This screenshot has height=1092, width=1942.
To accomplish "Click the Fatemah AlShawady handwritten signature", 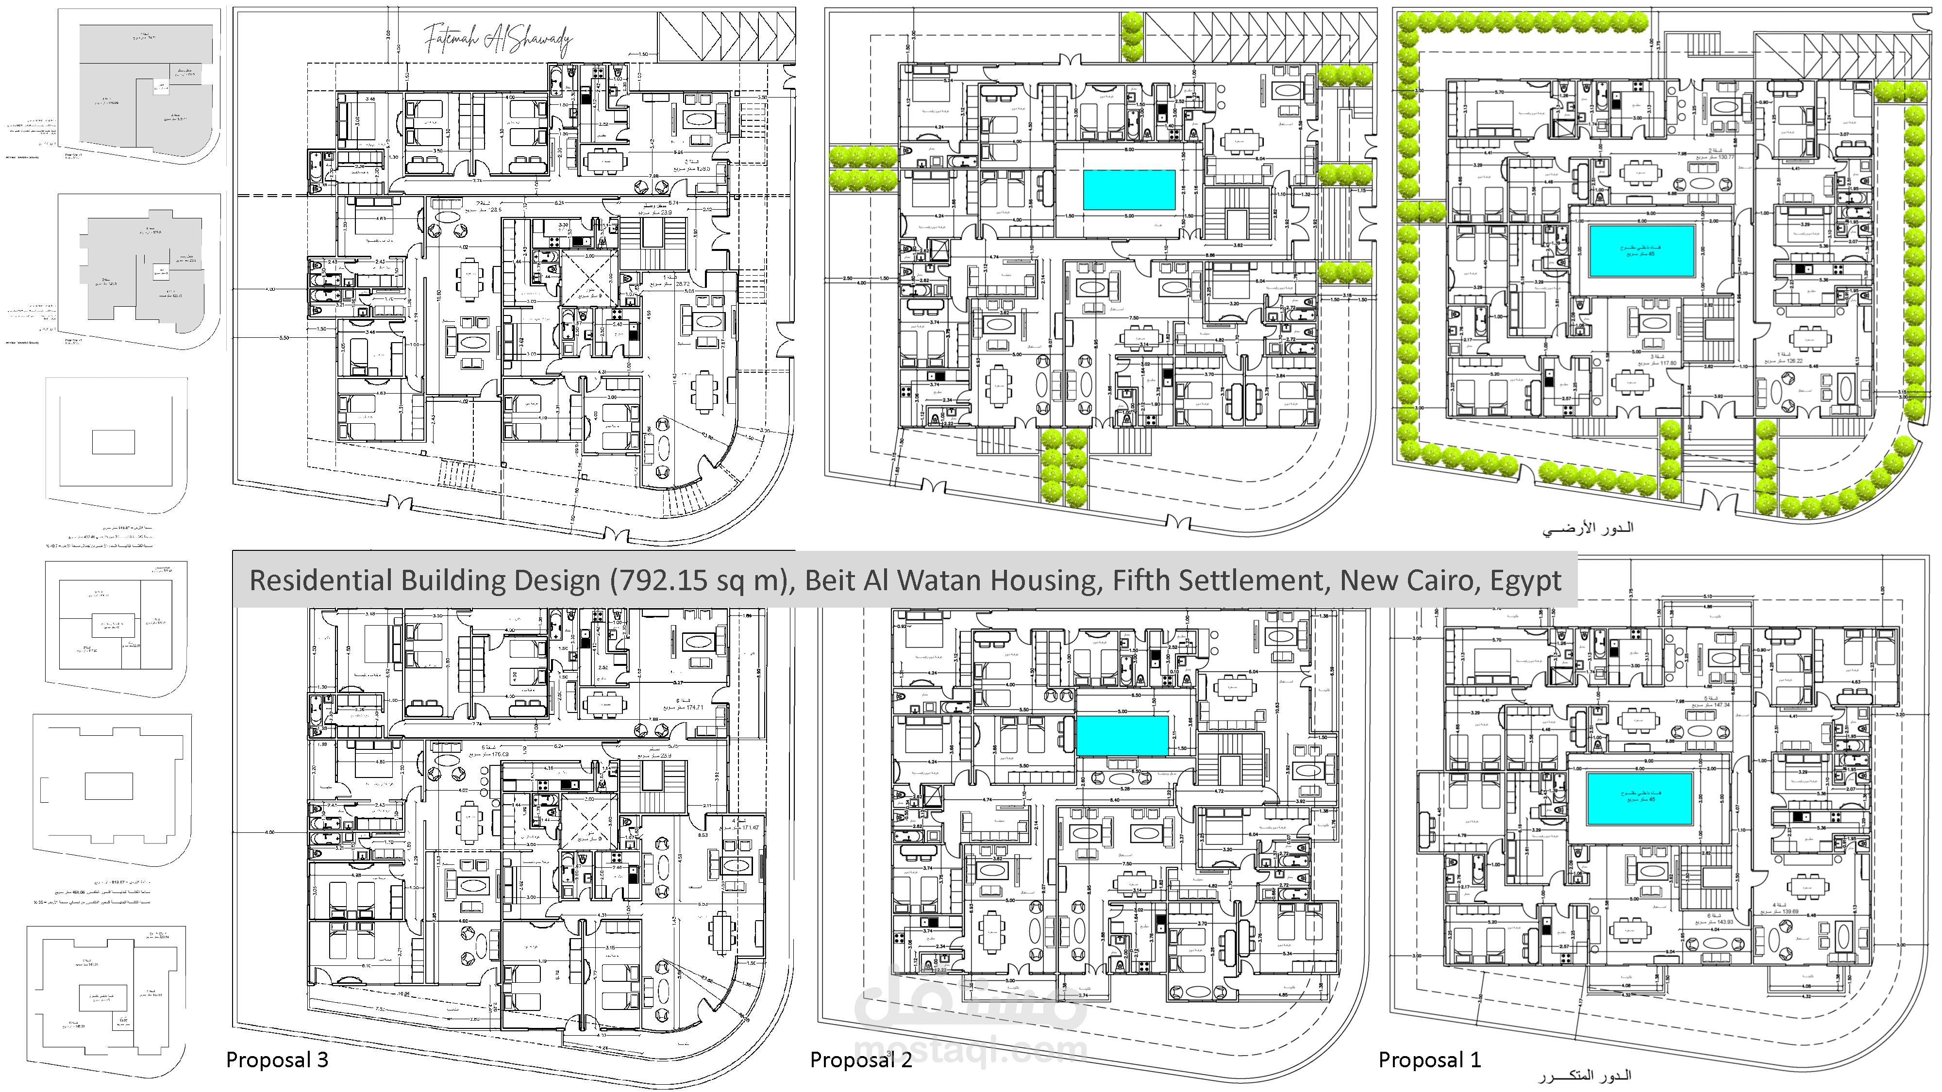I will pos(498,39).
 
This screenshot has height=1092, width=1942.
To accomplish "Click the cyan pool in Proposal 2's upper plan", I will pos(1129,190).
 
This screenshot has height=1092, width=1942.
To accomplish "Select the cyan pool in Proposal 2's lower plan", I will pos(1122,735).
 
